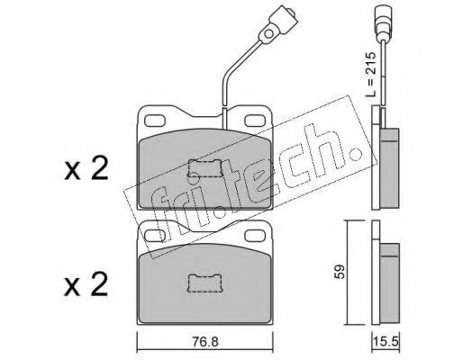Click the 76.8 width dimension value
tap(206, 342)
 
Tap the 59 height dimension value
tap(340, 272)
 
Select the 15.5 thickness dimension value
tap(386, 341)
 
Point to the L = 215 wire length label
tap(370, 74)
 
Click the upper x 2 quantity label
tap(86, 169)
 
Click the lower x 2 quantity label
tap(86, 284)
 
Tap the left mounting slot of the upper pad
tap(155, 121)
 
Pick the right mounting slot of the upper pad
tap(255, 121)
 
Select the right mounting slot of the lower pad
tap(255, 235)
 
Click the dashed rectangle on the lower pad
tap(204, 283)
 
